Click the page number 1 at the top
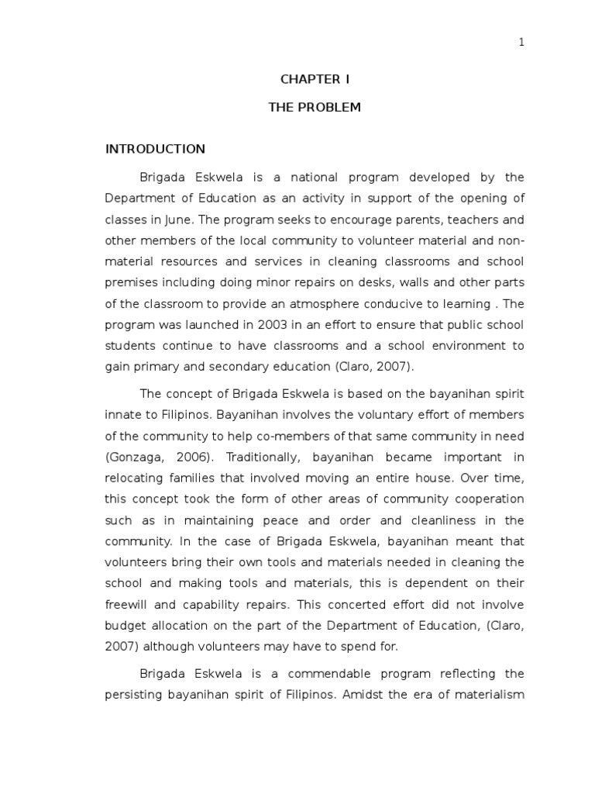(x=521, y=43)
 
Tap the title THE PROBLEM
(x=315, y=107)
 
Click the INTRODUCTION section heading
(x=155, y=149)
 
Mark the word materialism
(x=487, y=695)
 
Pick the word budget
(x=124, y=624)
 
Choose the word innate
(x=122, y=416)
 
